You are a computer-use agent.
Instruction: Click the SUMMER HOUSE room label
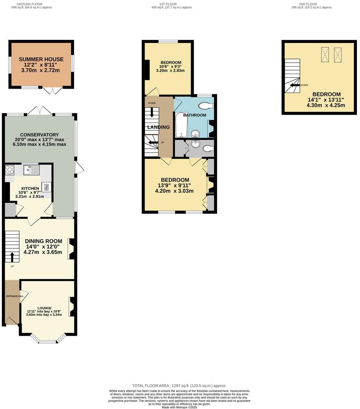pos(41,59)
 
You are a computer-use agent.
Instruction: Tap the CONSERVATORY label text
pos(39,135)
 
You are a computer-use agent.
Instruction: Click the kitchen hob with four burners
pos(10,169)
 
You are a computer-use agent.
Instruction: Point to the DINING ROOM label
pos(41,241)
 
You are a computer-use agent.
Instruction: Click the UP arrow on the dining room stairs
pos(12,257)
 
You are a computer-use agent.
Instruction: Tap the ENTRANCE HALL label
pos(15,296)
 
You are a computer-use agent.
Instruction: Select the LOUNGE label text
pos(45,308)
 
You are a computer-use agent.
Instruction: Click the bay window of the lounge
pos(48,341)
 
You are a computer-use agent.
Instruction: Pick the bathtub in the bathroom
pos(181,125)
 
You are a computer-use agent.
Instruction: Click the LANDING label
pos(158,127)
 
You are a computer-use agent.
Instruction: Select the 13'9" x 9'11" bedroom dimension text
pos(174,185)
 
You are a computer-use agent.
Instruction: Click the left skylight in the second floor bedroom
pos(325,54)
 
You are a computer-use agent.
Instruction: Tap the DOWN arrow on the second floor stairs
pos(295,85)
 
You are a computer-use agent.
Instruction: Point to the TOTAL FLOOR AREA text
pos(179,386)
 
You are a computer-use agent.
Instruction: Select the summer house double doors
pos(52,91)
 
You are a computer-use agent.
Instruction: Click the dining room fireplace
pos(71,249)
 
